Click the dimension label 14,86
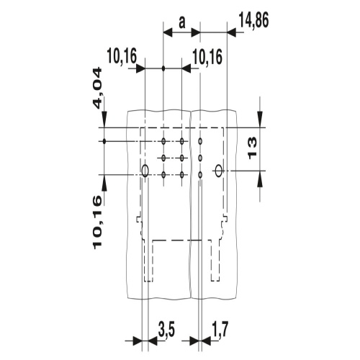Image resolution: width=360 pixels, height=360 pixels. point(253,21)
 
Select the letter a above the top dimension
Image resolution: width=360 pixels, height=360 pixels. point(182,23)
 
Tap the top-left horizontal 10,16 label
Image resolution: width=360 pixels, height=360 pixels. point(122,56)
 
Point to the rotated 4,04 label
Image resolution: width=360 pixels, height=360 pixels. point(97,88)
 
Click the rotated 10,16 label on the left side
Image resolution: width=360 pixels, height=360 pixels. point(97,222)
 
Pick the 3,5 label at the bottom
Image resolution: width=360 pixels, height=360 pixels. point(166,330)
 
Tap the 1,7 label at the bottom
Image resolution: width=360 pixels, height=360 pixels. point(220,330)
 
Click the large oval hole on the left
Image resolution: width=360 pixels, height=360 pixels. point(145,171)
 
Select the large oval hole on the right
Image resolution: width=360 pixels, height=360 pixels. point(219,171)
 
